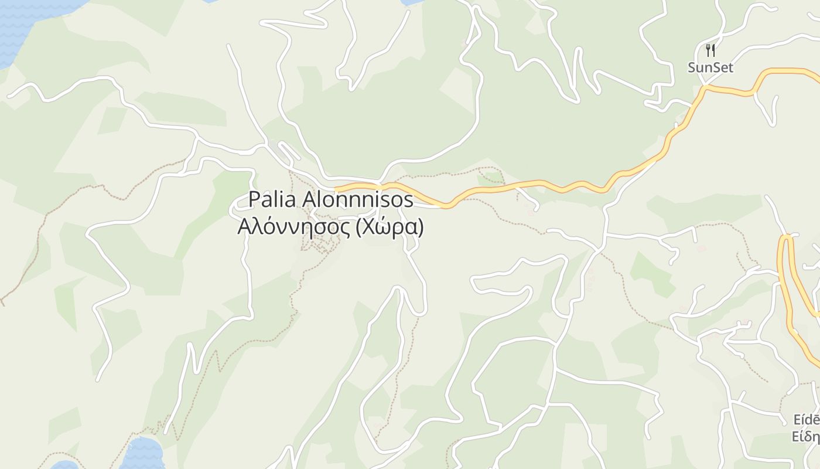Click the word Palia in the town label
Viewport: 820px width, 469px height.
tap(273, 199)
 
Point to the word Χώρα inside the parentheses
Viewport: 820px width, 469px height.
tap(388, 226)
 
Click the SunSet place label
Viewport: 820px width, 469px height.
tap(710, 67)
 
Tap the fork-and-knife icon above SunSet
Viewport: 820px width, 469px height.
tap(710, 50)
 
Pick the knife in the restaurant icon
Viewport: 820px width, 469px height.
tap(713, 50)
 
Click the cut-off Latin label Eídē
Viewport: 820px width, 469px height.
tap(806, 420)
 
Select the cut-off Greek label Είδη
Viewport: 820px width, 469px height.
tap(806, 437)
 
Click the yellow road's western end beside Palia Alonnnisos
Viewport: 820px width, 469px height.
tap(337, 188)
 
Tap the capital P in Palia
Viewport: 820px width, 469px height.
tap(254, 199)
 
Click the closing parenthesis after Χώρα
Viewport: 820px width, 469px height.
tap(419, 227)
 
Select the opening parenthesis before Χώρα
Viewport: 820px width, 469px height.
tap(359, 227)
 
